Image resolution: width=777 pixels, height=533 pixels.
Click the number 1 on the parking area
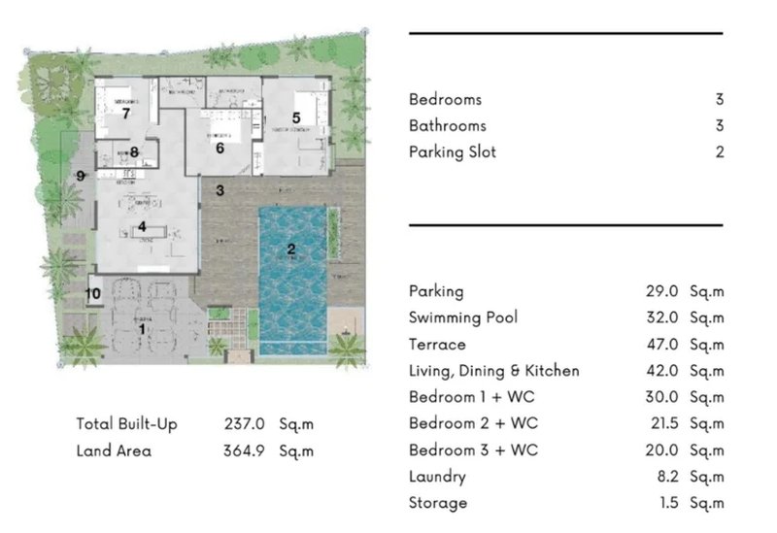[143, 329]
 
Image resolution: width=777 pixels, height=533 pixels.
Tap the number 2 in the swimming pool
[290, 250]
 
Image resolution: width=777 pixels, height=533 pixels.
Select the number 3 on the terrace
[220, 190]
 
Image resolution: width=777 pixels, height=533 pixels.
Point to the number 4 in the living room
[142, 227]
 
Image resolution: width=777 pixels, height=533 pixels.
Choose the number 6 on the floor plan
[220, 149]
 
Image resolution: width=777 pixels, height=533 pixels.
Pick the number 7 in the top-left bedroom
[125, 113]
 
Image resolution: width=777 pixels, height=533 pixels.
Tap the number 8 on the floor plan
[134, 151]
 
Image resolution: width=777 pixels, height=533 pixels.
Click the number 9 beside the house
[82, 176]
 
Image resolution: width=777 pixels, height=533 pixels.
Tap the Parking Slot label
[453, 151]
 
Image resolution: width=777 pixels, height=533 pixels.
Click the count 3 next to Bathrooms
[719, 125]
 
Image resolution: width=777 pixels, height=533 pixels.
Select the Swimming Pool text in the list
[463, 317]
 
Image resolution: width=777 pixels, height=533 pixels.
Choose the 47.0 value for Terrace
[658, 344]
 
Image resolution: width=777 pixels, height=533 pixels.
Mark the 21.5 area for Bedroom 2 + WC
[658, 423]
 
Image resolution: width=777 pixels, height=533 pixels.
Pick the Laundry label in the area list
[437, 477]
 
